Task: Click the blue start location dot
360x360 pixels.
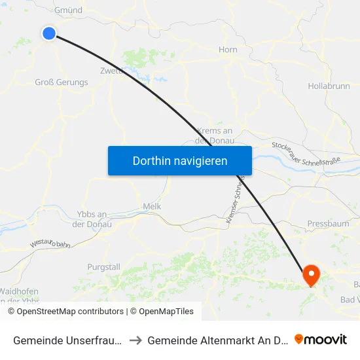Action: [49, 33]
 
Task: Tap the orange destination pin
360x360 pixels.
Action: [311, 275]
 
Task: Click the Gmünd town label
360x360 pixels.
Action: [69, 10]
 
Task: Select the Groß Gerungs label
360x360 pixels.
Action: [61, 82]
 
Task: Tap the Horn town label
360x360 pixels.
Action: [227, 49]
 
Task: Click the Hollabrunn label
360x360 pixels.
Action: [329, 86]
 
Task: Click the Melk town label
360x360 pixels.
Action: [152, 206]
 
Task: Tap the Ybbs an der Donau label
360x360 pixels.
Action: [92, 219]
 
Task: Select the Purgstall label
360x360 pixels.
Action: [104, 267]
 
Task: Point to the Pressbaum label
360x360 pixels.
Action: [328, 224]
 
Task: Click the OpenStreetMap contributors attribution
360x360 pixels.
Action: [65, 312]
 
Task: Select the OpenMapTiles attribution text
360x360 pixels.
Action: [162, 312]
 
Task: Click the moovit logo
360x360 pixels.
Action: [321, 340]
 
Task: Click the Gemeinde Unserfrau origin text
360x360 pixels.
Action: [67, 340]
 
